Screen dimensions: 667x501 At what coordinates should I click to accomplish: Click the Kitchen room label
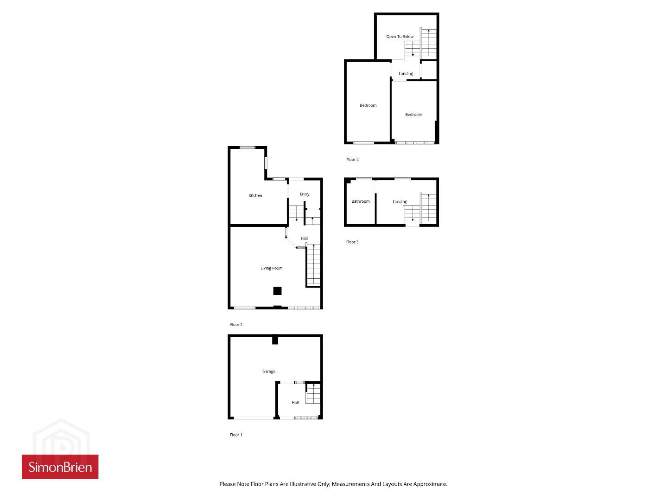[255, 195]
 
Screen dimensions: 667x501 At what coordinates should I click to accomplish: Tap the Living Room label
[271, 268]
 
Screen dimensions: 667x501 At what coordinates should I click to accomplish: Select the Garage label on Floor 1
[269, 372]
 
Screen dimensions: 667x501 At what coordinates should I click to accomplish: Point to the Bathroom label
[361, 201]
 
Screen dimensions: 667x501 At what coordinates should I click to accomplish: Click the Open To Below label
[400, 37]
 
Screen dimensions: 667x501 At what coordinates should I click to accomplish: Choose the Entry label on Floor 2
[305, 194]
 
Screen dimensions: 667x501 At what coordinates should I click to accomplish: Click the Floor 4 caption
[352, 160]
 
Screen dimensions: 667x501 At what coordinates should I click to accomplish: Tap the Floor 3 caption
[352, 242]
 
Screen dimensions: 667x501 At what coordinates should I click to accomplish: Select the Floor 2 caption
[236, 325]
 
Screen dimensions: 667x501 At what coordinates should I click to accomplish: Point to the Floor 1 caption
[236, 435]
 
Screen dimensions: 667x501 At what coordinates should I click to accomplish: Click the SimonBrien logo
[60, 467]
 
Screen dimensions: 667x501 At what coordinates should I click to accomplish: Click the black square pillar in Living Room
[277, 291]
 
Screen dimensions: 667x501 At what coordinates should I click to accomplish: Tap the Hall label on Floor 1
[295, 403]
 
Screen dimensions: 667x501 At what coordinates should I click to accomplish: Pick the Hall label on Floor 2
[304, 238]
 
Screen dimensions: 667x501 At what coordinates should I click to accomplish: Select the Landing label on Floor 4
[406, 74]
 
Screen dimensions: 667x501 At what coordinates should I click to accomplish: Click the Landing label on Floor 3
[400, 201]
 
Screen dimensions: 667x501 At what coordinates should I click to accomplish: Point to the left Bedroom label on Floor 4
[368, 105]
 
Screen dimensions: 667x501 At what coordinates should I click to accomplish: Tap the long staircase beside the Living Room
[314, 264]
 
